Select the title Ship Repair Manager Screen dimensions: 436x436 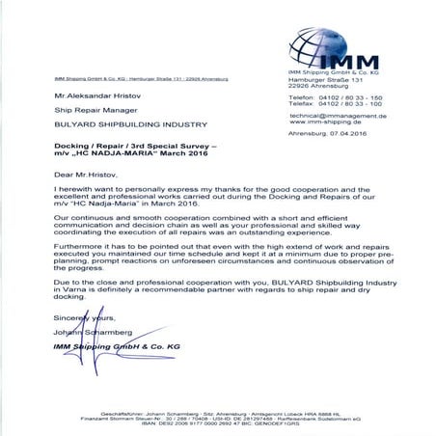pyautogui.click(x=86, y=111)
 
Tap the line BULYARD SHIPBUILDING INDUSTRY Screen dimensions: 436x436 pyautogui.click(x=117, y=125)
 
